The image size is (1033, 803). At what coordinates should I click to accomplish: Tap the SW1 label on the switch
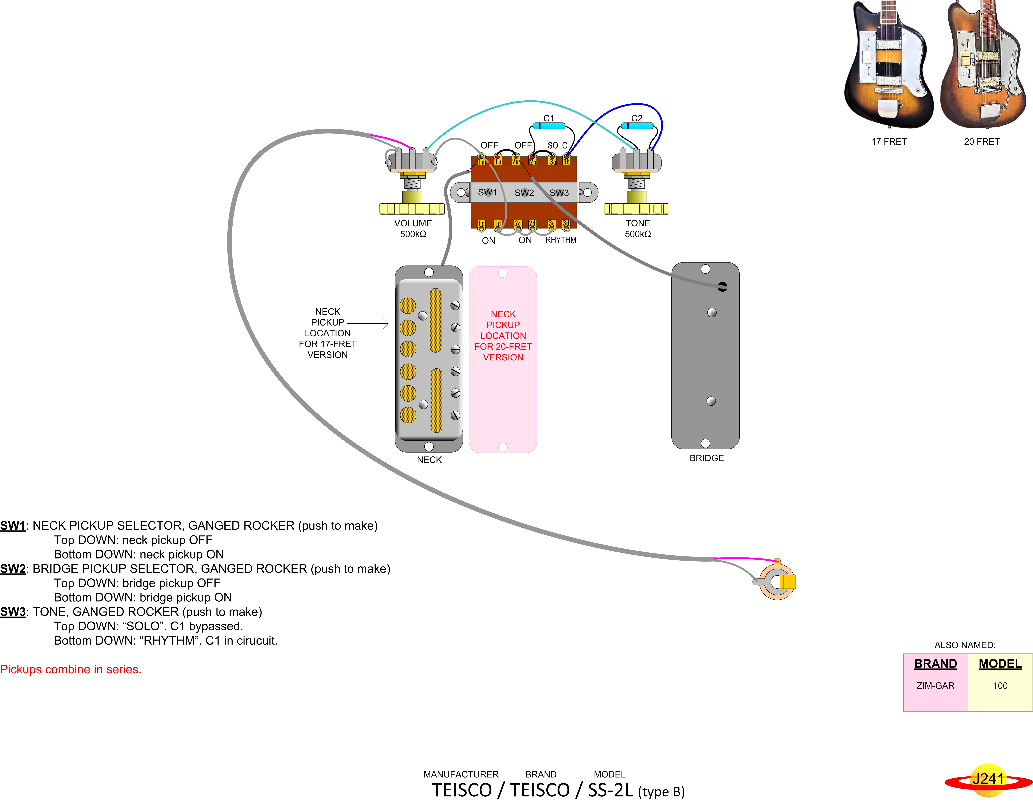(487, 192)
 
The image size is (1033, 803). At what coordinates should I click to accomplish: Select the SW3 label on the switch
(559, 193)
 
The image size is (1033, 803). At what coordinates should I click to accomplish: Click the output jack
(776, 582)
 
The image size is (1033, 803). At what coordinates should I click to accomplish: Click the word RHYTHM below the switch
(561, 240)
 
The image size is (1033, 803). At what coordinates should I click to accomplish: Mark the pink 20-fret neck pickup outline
(503, 359)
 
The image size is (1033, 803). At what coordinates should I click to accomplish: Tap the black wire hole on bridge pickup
(722, 287)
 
